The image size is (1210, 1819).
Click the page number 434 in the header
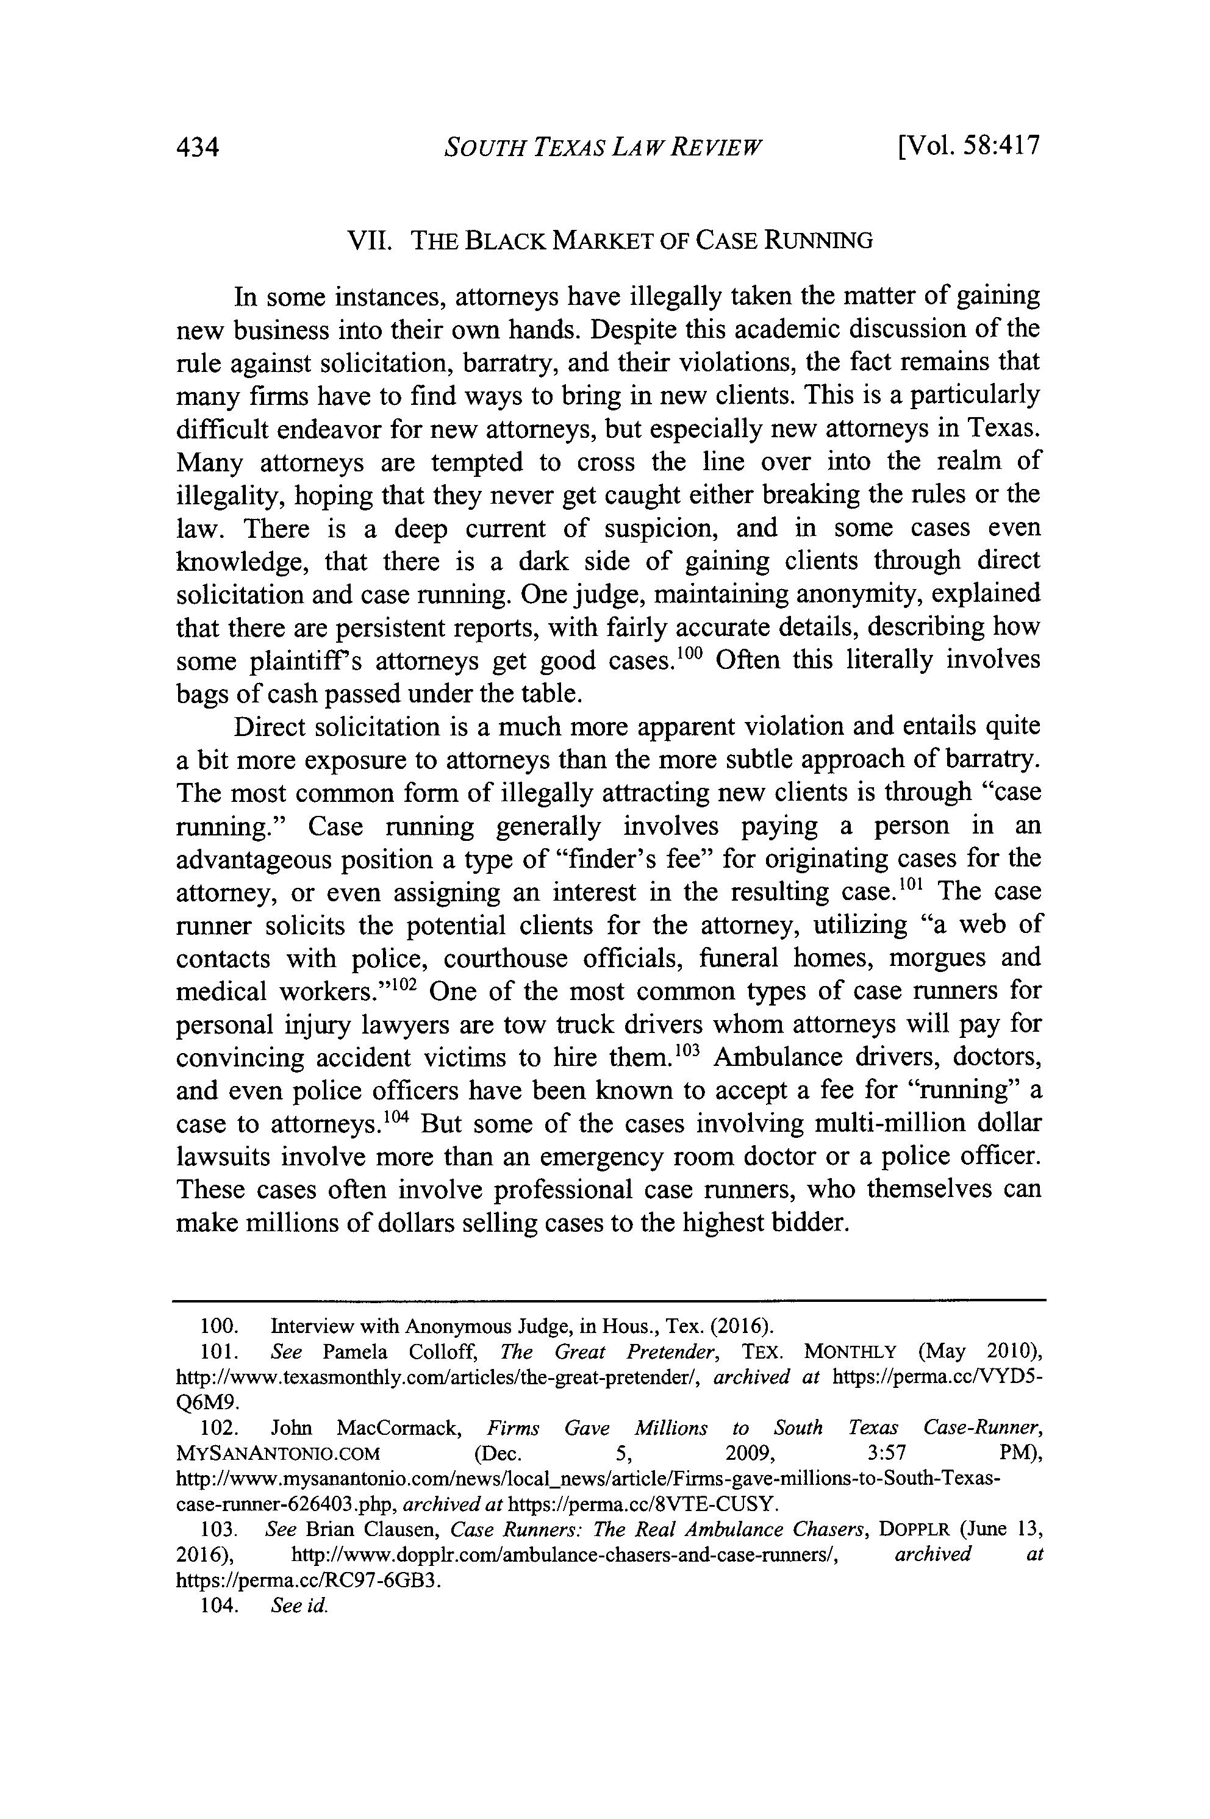pyautogui.click(x=198, y=146)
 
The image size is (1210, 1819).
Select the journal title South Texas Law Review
pyautogui.click(x=603, y=146)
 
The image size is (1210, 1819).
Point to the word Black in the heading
pyautogui.click(x=503, y=241)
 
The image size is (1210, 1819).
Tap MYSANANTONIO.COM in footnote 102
pyautogui.click(x=279, y=1453)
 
